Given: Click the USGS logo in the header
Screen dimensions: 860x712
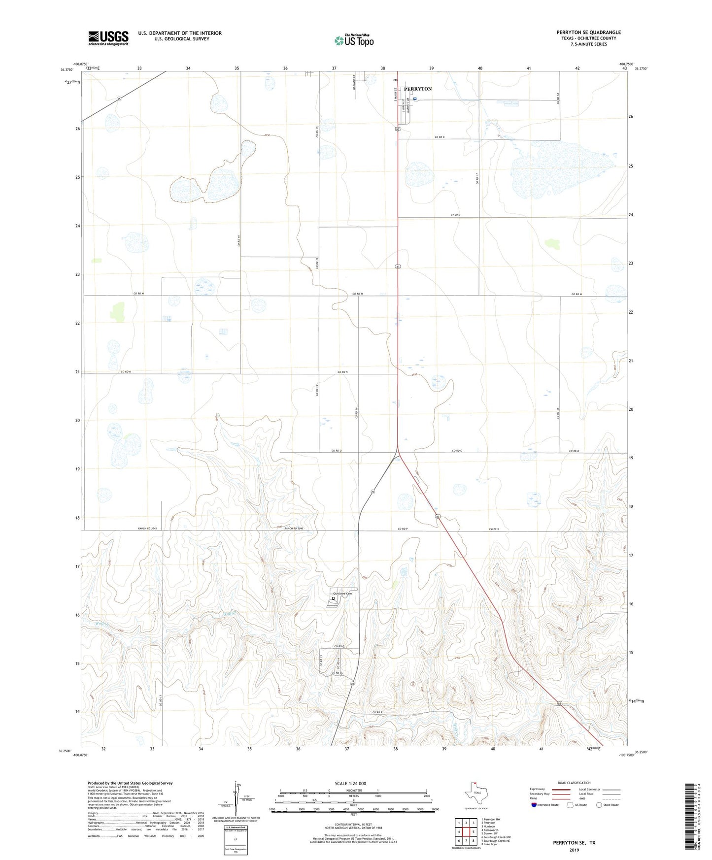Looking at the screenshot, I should pos(108,37).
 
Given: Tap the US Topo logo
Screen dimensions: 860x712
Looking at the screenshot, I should pos(353,40).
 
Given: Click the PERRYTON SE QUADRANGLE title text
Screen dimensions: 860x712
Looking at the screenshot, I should pos(588,33).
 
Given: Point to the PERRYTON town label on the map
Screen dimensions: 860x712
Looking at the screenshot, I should pos(418,89).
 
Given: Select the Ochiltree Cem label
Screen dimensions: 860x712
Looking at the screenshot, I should pos(343,594).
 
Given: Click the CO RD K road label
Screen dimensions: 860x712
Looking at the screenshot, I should pos(440,136).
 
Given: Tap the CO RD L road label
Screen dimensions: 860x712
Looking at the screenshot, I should pos(455,215).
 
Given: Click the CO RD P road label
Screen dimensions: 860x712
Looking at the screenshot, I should pos(404,529).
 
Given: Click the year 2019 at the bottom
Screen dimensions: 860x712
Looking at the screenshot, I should pos(574,850).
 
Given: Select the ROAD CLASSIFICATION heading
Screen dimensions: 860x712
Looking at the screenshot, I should pos(574,783).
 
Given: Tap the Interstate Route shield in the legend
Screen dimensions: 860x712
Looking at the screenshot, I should pos(534,805).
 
